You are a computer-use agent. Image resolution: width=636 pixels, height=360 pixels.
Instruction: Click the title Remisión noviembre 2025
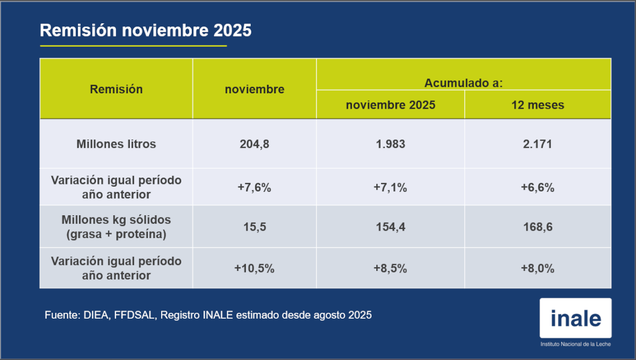pyautogui.click(x=146, y=31)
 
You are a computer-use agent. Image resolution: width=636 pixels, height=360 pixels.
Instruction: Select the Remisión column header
pyautogui.click(x=116, y=89)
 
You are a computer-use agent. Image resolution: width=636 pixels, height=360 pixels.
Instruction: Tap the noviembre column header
pyautogui.click(x=254, y=89)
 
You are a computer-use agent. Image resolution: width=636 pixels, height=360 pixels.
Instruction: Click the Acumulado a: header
pyautogui.click(x=463, y=83)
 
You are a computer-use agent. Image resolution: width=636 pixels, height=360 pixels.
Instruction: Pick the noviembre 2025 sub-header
pyautogui.click(x=391, y=105)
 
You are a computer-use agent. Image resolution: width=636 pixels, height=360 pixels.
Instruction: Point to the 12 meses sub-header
pyautogui.click(x=537, y=105)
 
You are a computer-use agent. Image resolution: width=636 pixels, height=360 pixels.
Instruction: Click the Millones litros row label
pyautogui.click(x=116, y=144)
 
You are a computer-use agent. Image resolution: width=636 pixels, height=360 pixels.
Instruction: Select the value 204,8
pyautogui.click(x=254, y=144)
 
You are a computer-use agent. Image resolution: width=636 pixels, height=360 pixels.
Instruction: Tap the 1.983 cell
pyautogui.click(x=391, y=144)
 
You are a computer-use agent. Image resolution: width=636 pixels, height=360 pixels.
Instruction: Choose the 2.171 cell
pyautogui.click(x=537, y=144)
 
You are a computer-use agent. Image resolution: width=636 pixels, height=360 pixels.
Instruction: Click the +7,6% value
pyautogui.click(x=254, y=187)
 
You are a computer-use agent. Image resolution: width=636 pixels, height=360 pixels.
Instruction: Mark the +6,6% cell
pyautogui.click(x=537, y=187)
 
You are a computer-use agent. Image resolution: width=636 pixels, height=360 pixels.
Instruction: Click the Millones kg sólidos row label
pyautogui.click(x=116, y=226)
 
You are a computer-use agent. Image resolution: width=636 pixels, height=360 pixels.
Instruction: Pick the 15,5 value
pyautogui.click(x=254, y=226)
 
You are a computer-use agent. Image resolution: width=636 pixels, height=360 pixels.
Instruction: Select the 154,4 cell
pyautogui.click(x=391, y=226)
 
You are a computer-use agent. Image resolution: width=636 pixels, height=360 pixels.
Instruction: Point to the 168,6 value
pyautogui.click(x=537, y=226)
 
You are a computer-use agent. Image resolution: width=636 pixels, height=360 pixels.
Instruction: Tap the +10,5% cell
pyautogui.click(x=254, y=268)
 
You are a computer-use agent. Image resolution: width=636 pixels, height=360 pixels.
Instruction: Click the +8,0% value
pyautogui.click(x=537, y=268)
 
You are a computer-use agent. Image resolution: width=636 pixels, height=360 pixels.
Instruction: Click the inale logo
pyautogui.click(x=575, y=319)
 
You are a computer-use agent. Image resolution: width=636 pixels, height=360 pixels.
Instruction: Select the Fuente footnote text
pyautogui.click(x=208, y=315)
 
